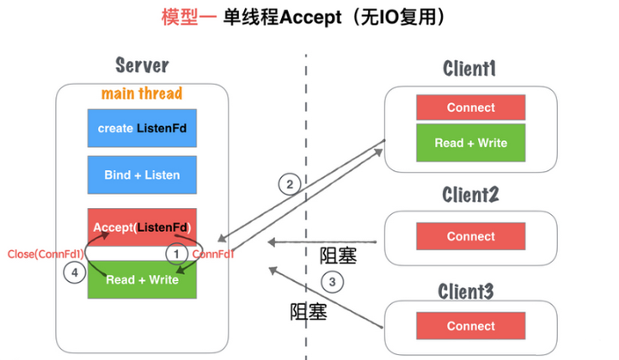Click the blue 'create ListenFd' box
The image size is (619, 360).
coord(142,128)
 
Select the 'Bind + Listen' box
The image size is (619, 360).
coord(142,174)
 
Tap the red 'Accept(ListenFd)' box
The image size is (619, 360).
coord(142,228)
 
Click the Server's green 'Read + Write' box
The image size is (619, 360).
coord(142,279)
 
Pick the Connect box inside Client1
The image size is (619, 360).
coord(470,107)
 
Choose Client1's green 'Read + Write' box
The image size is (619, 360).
coord(470,143)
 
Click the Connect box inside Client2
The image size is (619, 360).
coord(470,236)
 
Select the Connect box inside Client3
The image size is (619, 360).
coord(470,326)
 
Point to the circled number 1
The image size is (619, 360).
coord(176,254)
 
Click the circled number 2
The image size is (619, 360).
coord(290,184)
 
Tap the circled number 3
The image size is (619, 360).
coord(332,281)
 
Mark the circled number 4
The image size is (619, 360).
coord(75,274)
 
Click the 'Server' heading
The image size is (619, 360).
coord(142,65)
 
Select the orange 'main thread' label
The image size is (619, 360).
coord(142,93)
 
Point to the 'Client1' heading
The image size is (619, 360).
coord(469,68)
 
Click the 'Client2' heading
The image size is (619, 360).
coord(469,195)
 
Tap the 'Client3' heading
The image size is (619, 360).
coord(469,290)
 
